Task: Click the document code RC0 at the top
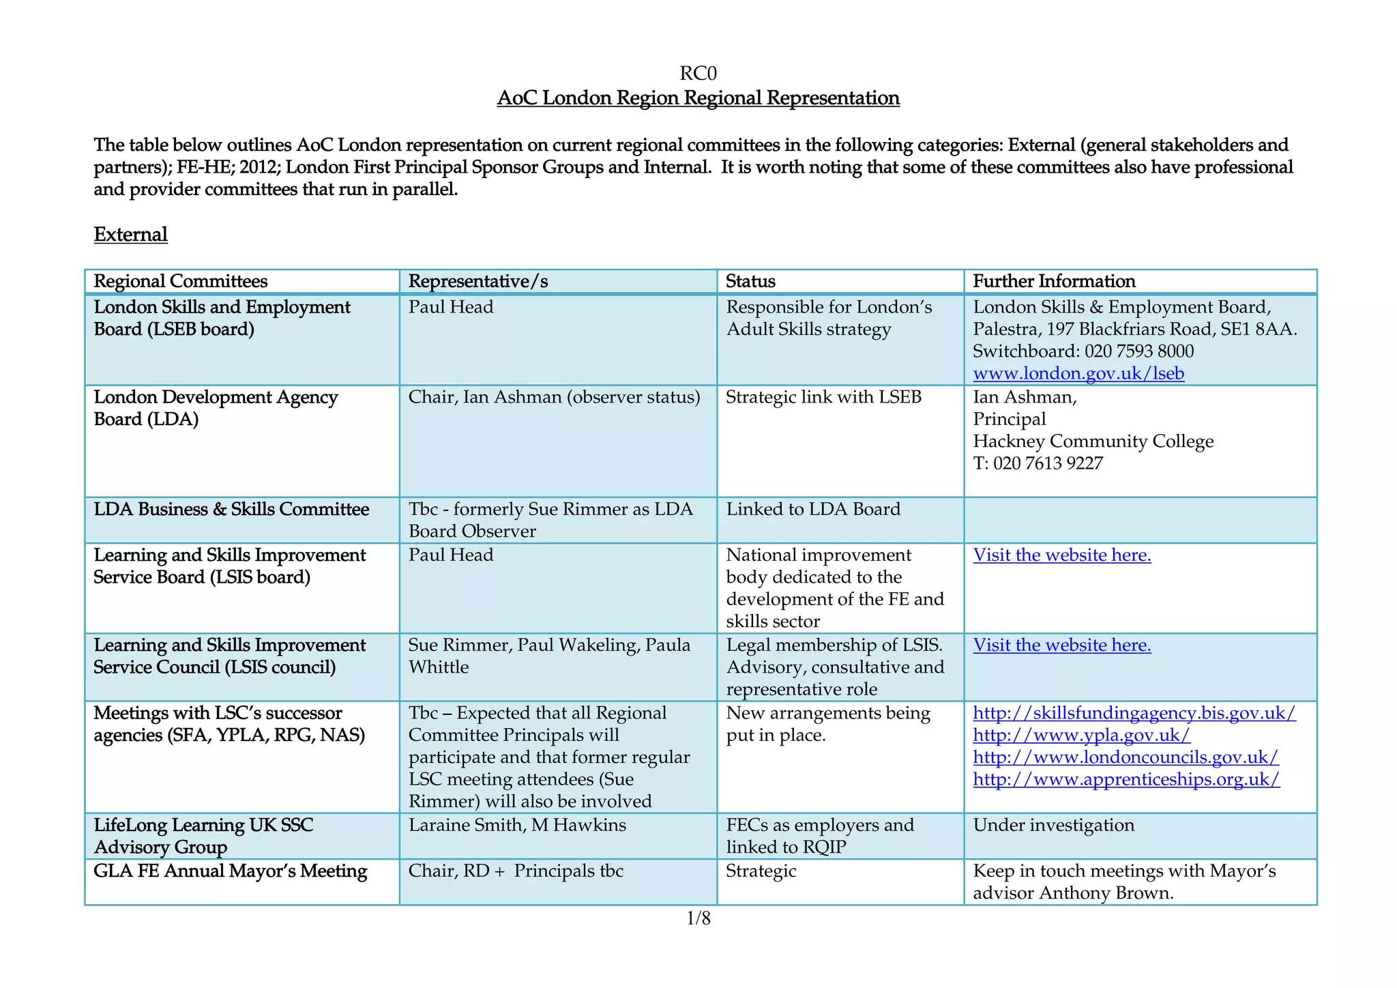point(698,73)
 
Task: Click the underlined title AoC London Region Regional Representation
point(698,98)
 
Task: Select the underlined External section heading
point(130,235)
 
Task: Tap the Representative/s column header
point(477,281)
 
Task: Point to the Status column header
point(750,281)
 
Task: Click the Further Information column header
point(1053,281)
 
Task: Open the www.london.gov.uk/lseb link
point(1078,373)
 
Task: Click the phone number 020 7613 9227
point(1048,463)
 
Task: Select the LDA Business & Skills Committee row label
point(231,510)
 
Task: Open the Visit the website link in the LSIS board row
point(1061,555)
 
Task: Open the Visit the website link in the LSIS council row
point(1061,645)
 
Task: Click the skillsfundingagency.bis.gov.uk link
point(1134,713)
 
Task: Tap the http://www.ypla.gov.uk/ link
point(1081,735)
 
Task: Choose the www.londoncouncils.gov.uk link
point(1126,757)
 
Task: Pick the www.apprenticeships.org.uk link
point(1126,779)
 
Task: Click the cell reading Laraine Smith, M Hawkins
point(517,825)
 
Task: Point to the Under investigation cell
point(1053,825)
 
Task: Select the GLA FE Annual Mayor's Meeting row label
point(230,871)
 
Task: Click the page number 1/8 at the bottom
point(698,918)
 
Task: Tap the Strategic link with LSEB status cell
point(823,397)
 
